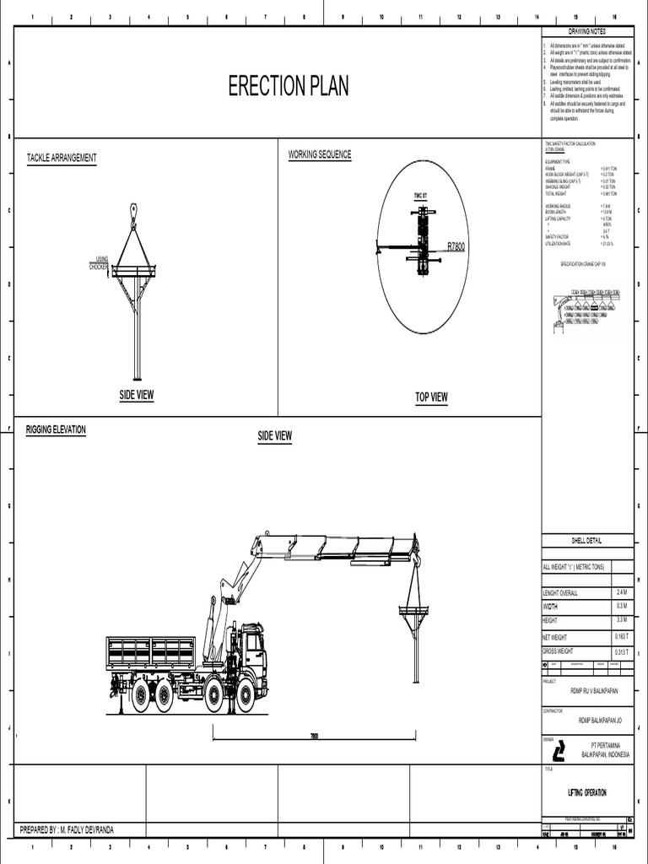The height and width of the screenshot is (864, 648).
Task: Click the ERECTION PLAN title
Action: point(289,86)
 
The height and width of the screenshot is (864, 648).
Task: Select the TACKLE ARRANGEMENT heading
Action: point(62,159)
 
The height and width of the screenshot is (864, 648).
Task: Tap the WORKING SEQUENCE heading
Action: point(320,154)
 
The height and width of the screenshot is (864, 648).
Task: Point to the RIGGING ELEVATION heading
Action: point(56,429)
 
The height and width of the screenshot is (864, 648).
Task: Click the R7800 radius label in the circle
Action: point(456,246)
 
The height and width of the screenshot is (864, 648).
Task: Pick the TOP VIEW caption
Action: point(431,397)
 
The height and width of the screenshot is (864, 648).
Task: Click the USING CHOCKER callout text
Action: point(100,263)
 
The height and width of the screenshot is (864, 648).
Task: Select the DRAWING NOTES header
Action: point(587,31)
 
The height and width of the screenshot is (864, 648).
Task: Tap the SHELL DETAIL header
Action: point(587,541)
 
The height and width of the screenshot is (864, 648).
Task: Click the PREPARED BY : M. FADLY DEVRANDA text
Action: point(67,830)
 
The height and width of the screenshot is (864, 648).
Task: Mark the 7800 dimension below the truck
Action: point(314,737)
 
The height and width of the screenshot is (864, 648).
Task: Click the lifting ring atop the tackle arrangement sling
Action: point(132,209)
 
